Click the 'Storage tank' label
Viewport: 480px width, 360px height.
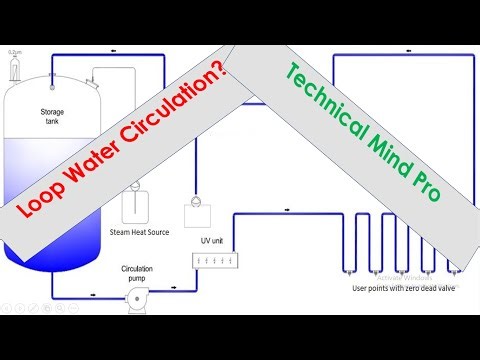click(52, 116)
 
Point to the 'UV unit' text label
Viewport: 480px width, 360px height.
click(211, 239)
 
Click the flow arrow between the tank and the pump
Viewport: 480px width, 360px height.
click(92, 293)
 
